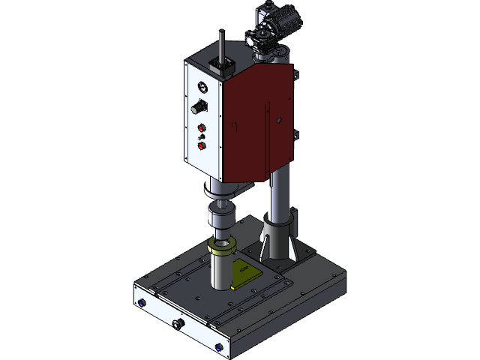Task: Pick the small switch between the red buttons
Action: [201, 137]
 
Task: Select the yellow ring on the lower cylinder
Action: [222, 245]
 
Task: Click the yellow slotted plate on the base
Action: [245, 275]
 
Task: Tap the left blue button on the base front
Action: [141, 303]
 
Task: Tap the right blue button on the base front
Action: [218, 347]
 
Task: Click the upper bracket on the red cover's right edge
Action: [295, 75]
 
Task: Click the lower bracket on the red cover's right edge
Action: [295, 135]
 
